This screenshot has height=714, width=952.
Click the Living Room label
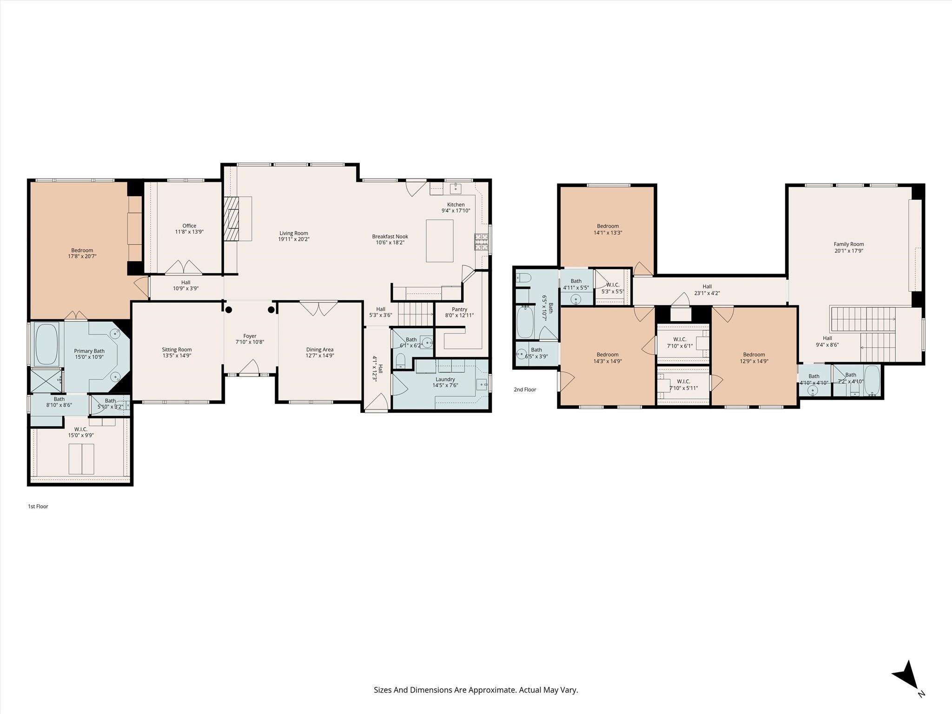pos(294,236)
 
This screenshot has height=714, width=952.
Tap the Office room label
pos(189,229)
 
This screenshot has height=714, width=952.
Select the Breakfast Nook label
pos(390,239)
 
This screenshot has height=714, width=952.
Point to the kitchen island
pos(440,241)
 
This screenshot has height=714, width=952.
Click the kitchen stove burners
pos(481,242)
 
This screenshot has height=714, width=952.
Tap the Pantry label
pos(459,312)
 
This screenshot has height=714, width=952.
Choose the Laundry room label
pos(445,383)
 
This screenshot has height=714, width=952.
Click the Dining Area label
pos(320,353)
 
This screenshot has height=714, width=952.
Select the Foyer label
pos(250,339)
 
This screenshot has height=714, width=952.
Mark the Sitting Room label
pos(177,353)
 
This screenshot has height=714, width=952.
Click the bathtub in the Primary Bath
pos(46,344)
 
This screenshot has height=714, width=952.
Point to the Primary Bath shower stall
pos(46,380)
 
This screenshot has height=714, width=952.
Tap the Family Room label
pos(849,247)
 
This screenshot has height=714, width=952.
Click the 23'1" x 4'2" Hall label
pos(707,290)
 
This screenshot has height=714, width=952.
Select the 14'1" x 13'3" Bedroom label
pos(608,230)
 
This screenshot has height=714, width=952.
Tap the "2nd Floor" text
pos(525,390)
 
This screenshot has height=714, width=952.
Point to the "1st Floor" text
pos(38,506)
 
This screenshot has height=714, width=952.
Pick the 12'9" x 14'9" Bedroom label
pos(754,357)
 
